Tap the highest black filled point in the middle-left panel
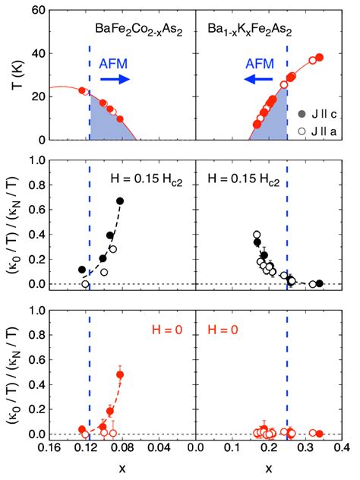pyautogui.click(x=120, y=201)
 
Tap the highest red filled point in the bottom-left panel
pyautogui.click(x=120, y=374)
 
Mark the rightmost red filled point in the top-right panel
pyautogui.click(x=319, y=58)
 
